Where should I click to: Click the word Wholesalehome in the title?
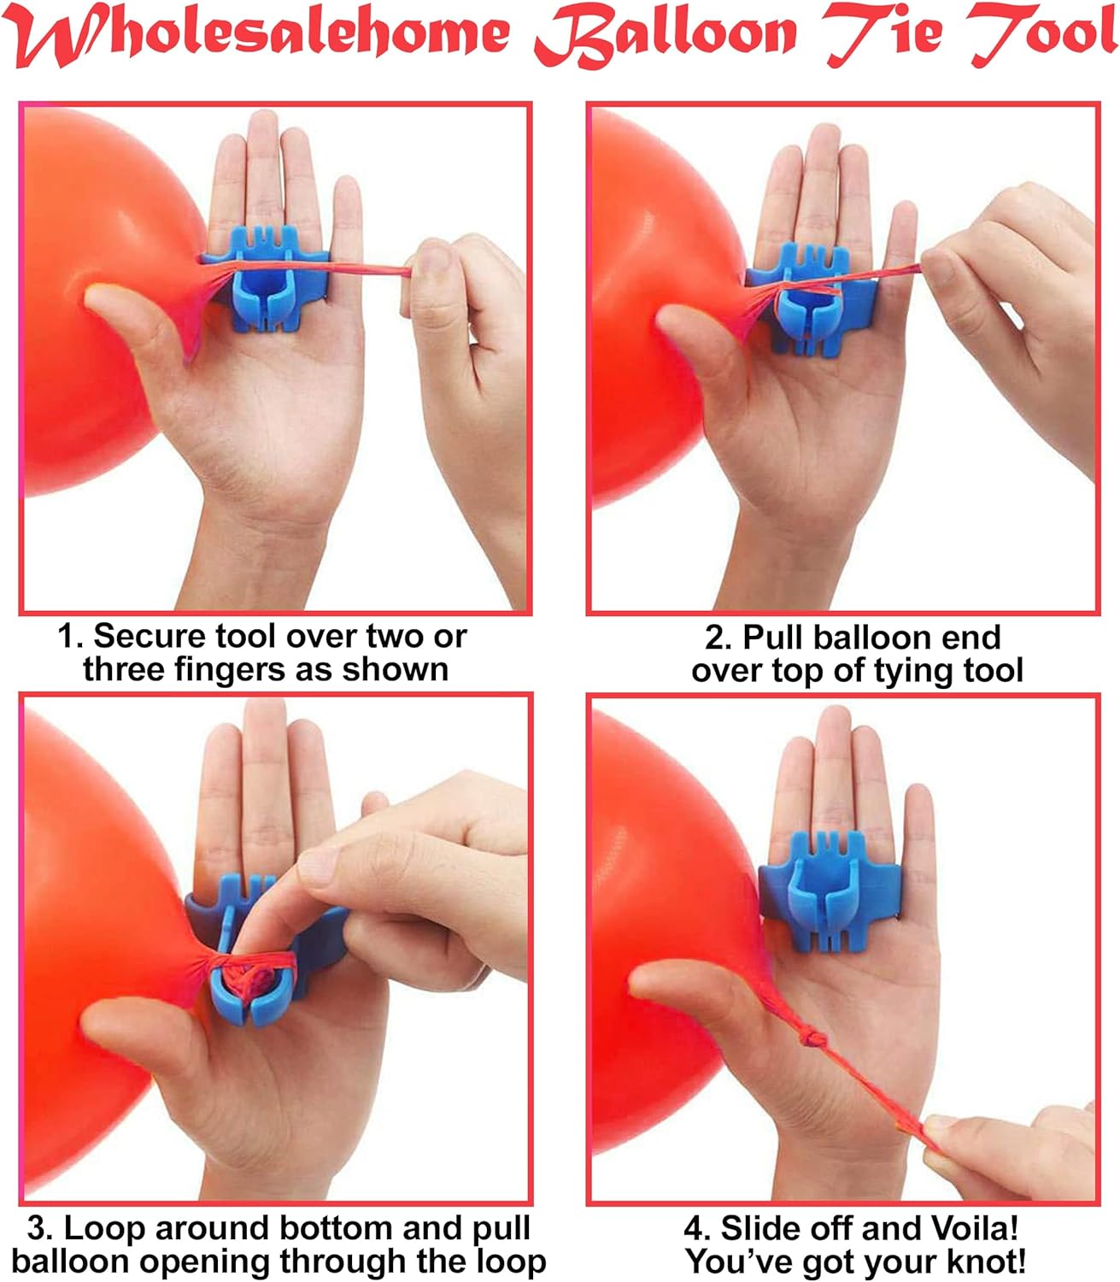click(261, 34)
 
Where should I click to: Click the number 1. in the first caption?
click(71, 637)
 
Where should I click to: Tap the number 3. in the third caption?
click(40, 1228)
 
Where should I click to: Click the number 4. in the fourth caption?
click(698, 1228)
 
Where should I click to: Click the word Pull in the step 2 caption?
click(772, 638)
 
